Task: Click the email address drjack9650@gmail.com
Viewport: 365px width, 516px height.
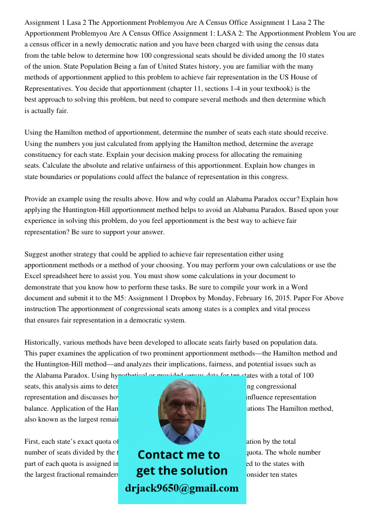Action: tap(182, 488)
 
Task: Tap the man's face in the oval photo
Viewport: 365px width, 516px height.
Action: tap(181, 408)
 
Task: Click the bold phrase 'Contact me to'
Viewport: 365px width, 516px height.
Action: tap(179, 455)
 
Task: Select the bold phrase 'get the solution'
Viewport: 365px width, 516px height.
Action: tap(181, 471)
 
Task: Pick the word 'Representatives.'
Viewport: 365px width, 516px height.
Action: tap(49, 88)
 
